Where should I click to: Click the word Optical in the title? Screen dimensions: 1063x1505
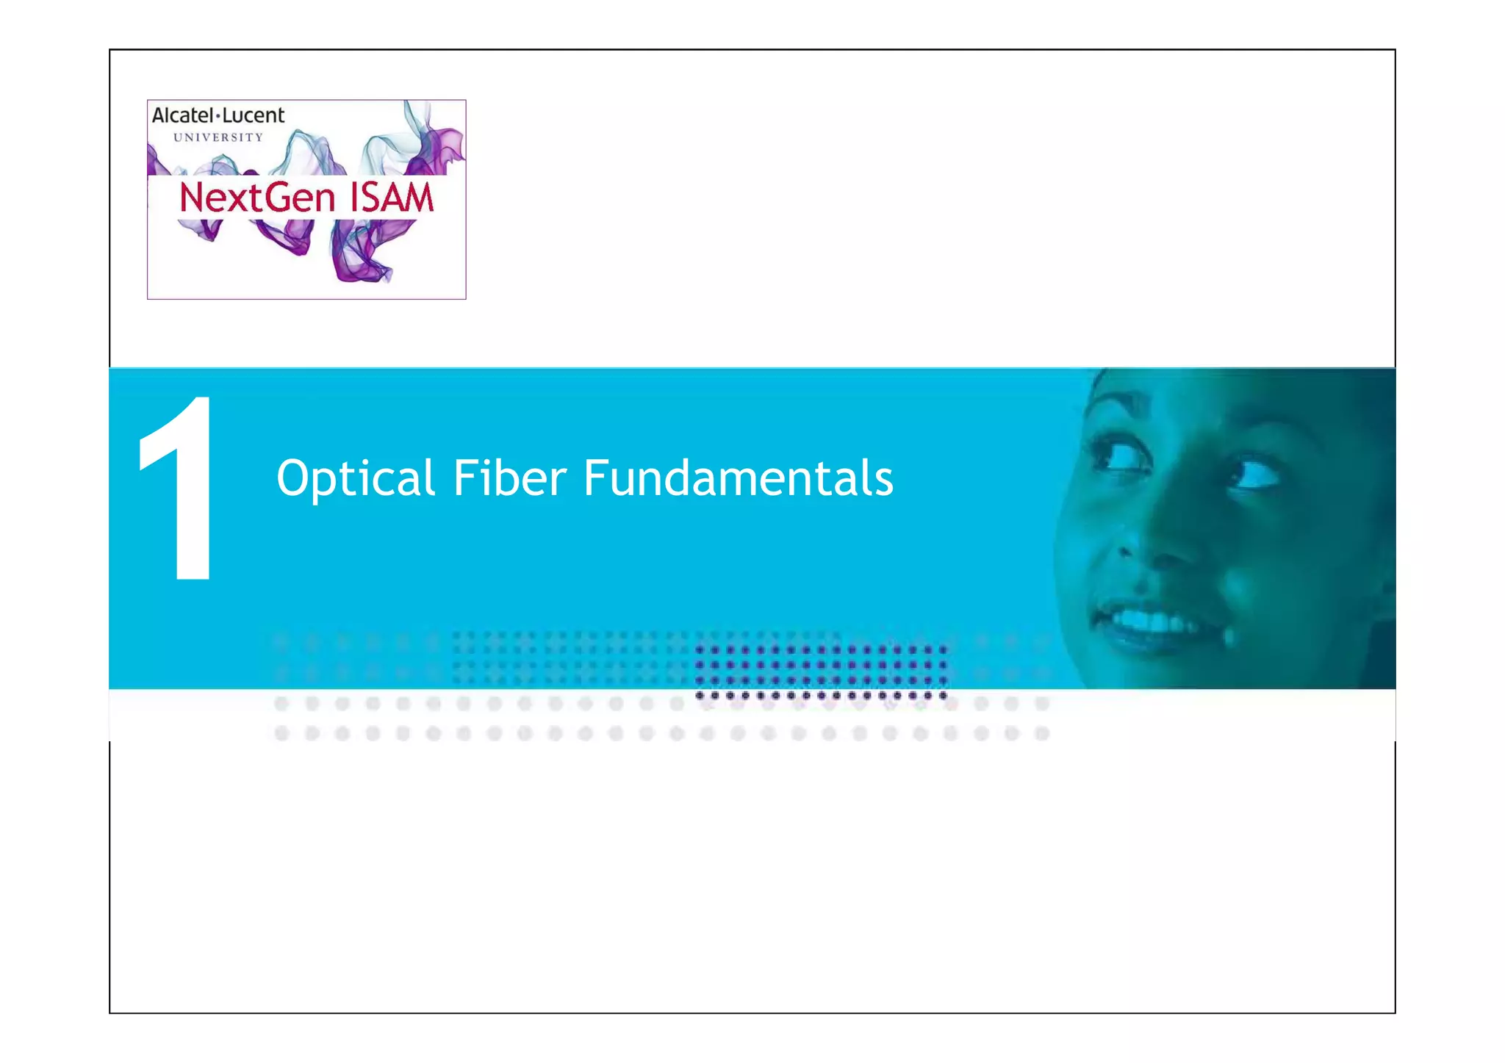coord(356,479)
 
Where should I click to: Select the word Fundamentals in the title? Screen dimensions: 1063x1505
coord(738,479)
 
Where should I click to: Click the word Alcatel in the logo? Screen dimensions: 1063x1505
coord(182,115)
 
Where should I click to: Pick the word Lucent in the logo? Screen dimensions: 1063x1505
coord(253,115)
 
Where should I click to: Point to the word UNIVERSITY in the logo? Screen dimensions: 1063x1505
coord(218,137)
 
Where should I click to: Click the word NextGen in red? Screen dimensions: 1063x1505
coord(257,198)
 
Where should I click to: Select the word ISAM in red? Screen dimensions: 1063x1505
coord(392,198)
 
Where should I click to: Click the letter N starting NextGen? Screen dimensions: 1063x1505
coord(192,198)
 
